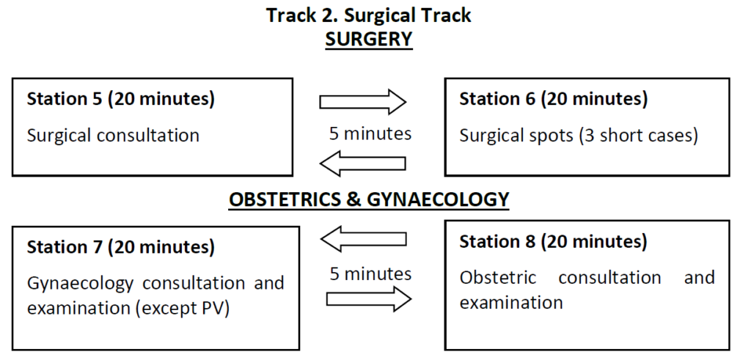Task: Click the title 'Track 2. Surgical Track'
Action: [369, 15]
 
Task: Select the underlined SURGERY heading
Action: [369, 40]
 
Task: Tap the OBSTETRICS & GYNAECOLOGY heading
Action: [369, 199]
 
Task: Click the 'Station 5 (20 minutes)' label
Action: [121, 99]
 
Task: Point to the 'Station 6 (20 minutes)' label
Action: [554, 99]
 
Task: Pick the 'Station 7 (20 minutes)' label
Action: [121, 247]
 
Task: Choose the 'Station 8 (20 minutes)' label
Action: [554, 241]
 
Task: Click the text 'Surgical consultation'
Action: [113, 136]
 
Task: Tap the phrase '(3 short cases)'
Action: [638, 136]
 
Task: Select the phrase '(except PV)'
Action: [183, 309]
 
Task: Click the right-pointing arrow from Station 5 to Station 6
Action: [362, 101]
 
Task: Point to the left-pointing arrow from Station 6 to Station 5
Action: [362, 164]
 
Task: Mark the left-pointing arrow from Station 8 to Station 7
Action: [364, 239]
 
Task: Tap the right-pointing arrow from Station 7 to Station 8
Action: [369, 299]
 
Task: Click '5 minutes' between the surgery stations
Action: [370, 133]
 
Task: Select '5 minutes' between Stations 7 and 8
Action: [370, 273]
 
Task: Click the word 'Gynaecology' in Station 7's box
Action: [80, 284]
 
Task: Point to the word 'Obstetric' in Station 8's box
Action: [498, 278]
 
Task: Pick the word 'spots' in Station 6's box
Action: [552, 136]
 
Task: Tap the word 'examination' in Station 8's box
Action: [511, 303]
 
